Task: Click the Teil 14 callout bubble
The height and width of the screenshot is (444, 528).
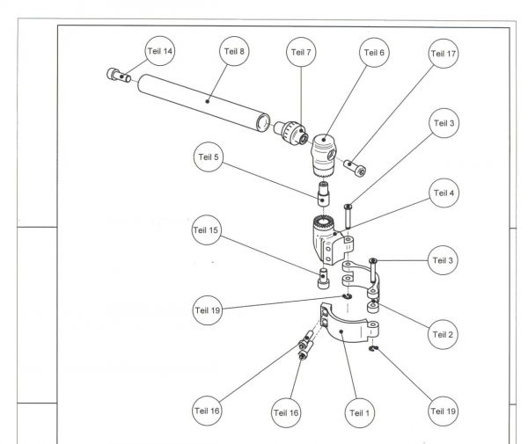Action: (164, 52)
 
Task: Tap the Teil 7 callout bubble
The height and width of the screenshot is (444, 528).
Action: (301, 52)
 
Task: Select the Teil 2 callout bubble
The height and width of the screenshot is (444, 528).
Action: (443, 334)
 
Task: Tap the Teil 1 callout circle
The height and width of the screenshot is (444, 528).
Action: (359, 411)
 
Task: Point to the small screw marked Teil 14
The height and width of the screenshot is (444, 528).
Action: (118, 76)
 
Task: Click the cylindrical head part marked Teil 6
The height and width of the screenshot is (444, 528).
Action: (321, 153)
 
